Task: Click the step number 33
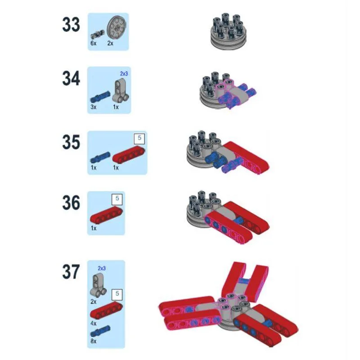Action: point(71,25)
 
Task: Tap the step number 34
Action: point(71,78)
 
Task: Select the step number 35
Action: point(71,142)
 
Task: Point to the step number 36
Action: point(71,202)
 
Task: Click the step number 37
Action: point(71,272)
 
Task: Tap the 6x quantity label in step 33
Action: point(94,43)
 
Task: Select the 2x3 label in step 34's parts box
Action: point(124,74)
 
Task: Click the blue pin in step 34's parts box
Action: point(100,97)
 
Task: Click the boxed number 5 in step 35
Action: point(139,138)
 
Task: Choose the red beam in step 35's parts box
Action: point(129,154)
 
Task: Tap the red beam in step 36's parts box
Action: point(106,215)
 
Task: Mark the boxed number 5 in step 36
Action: point(117,199)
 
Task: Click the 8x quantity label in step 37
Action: point(94,341)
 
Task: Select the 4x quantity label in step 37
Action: point(94,324)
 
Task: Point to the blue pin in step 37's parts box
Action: point(100,331)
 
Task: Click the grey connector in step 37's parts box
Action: point(99,285)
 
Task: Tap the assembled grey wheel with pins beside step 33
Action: point(229,31)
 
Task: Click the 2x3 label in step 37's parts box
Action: point(102,268)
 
